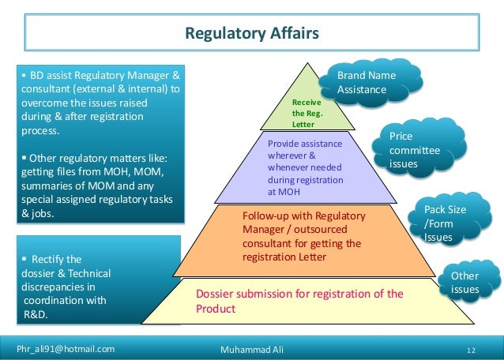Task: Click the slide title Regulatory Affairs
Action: coord(251,33)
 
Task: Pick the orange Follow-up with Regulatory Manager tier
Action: coord(304,236)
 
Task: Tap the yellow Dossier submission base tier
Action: coord(299,301)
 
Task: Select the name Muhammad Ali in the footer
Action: coord(252,348)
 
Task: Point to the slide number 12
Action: coord(471,349)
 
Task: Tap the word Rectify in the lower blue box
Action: coord(49,259)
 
